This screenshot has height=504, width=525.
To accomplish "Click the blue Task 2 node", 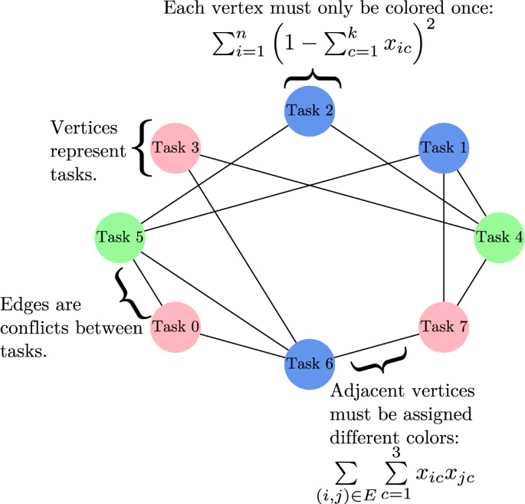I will pyautogui.click(x=312, y=110).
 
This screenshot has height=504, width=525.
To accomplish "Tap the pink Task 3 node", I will pyautogui.click(x=176, y=147).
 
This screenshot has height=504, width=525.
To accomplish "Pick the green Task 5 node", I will pyautogui.click(x=120, y=236).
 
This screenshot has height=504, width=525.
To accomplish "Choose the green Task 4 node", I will pyautogui.click(x=500, y=236).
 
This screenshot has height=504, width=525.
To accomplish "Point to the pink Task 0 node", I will pyautogui.click(x=176, y=327).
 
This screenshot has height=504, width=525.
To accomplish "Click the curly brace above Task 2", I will pyautogui.click(x=312, y=80).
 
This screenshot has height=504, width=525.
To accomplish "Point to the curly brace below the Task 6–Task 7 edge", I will pyautogui.click(x=377, y=359).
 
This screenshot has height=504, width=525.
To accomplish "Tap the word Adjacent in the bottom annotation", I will pyautogui.click(x=360, y=391).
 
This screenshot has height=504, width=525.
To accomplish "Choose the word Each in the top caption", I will pyautogui.click(x=180, y=12).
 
